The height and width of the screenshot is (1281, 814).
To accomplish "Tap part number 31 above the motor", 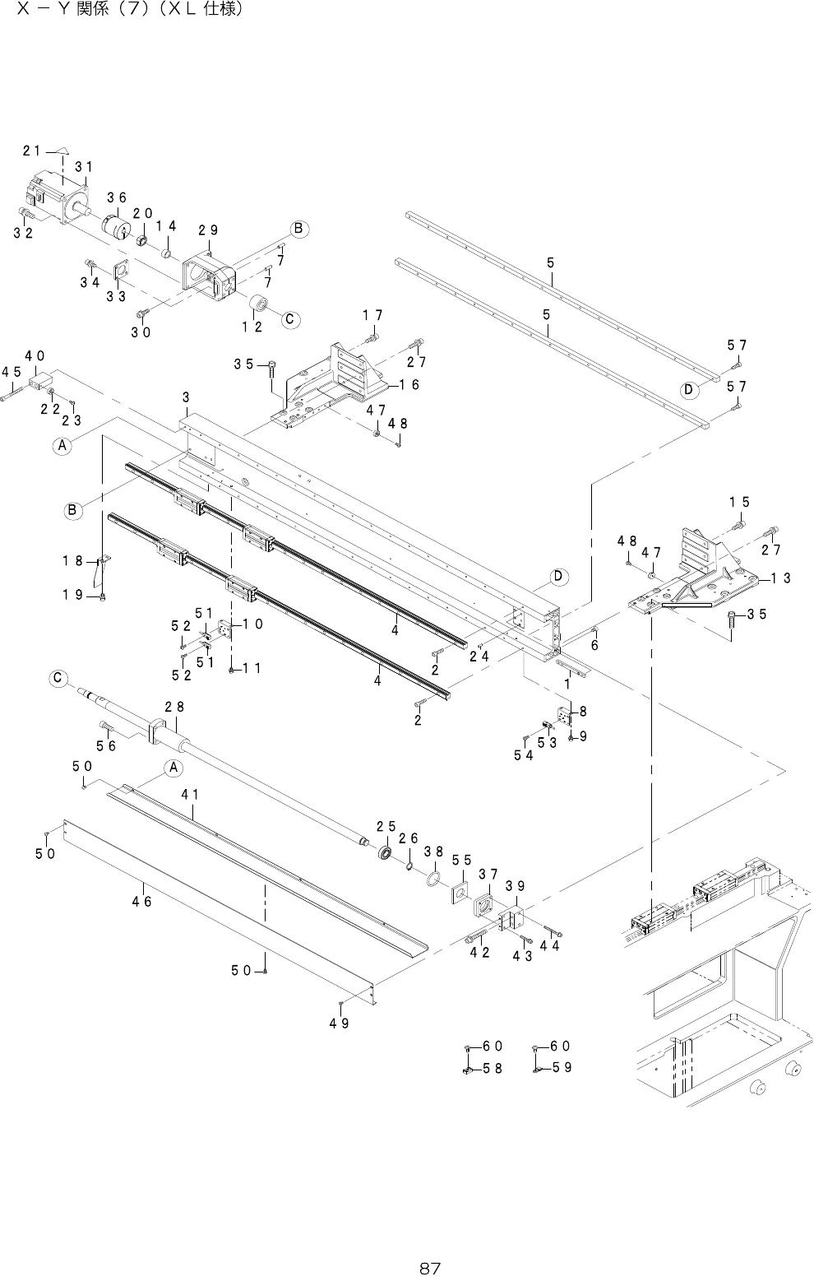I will tap(83, 167).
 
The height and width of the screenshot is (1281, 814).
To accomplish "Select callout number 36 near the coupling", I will tap(116, 197).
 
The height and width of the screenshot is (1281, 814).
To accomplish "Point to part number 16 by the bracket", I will tap(409, 384).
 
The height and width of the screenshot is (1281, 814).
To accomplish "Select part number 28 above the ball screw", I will tap(173, 707).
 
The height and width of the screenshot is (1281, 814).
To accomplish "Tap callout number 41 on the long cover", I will tap(191, 795).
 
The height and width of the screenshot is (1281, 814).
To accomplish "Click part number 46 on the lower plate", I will tap(142, 901).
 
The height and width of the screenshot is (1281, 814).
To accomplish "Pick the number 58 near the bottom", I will tap(493, 1068).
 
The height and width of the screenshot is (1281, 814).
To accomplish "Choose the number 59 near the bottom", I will tap(562, 1068).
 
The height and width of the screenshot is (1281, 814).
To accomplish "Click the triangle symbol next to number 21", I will tap(62, 151).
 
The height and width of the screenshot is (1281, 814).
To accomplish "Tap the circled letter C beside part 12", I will tap(289, 319).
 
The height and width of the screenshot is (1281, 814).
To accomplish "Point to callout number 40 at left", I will tap(34, 356).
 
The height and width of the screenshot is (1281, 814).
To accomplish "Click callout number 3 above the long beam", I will tap(187, 397).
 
